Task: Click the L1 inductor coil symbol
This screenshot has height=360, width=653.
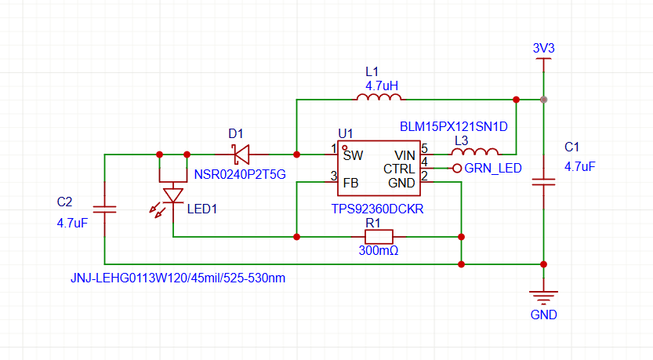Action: click(x=379, y=97)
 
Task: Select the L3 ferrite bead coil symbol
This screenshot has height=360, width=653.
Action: click(x=475, y=151)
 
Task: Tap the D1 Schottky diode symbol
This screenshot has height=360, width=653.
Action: click(x=241, y=155)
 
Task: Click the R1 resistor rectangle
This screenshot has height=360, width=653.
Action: click(x=379, y=237)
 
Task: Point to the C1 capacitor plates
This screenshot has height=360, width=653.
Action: click(x=543, y=182)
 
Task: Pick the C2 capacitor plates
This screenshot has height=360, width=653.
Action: click(x=104, y=209)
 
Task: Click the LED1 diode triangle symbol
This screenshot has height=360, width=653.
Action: click(x=173, y=196)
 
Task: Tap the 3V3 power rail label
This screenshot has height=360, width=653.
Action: click(x=543, y=49)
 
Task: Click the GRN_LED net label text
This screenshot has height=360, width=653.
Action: click(x=492, y=169)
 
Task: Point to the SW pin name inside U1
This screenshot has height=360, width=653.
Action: click(x=353, y=155)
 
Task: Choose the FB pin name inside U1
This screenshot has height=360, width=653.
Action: click(x=350, y=183)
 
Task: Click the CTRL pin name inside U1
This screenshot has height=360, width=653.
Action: click(x=399, y=169)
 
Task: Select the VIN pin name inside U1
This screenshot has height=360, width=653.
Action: click(x=404, y=155)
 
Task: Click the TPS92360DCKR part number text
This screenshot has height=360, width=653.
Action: click(x=377, y=209)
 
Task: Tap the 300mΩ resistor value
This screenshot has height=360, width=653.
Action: click(x=379, y=250)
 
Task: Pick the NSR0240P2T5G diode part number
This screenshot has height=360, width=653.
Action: click(x=240, y=175)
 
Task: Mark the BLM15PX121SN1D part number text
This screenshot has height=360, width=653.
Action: click(x=454, y=127)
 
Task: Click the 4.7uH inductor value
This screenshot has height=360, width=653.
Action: click(x=382, y=86)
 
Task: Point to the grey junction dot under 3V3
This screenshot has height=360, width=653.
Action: click(x=543, y=100)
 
